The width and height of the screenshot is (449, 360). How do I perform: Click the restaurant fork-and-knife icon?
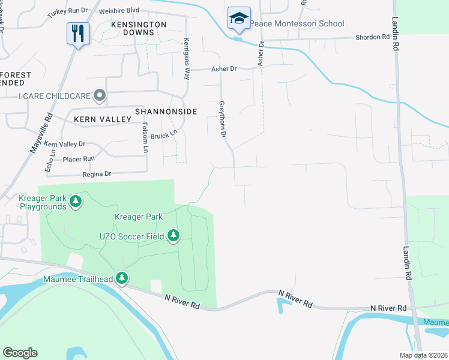tap(79, 33)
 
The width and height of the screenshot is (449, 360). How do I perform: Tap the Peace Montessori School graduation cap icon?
tap(238, 19)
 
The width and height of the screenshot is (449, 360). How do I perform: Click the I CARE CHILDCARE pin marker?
tap(100, 95)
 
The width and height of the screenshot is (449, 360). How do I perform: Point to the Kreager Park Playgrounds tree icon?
tap(75, 200)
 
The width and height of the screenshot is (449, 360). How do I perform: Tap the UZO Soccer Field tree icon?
tap(173, 235)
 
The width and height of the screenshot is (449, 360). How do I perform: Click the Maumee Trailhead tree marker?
tap(122, 277)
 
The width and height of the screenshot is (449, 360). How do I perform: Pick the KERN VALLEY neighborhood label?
tap(102, 119)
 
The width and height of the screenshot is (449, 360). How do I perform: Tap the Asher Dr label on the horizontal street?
tap(224, 69)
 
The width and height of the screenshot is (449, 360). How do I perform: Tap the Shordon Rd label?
tap(372, 37)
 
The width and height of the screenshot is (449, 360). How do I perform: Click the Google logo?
tap(20, 353)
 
